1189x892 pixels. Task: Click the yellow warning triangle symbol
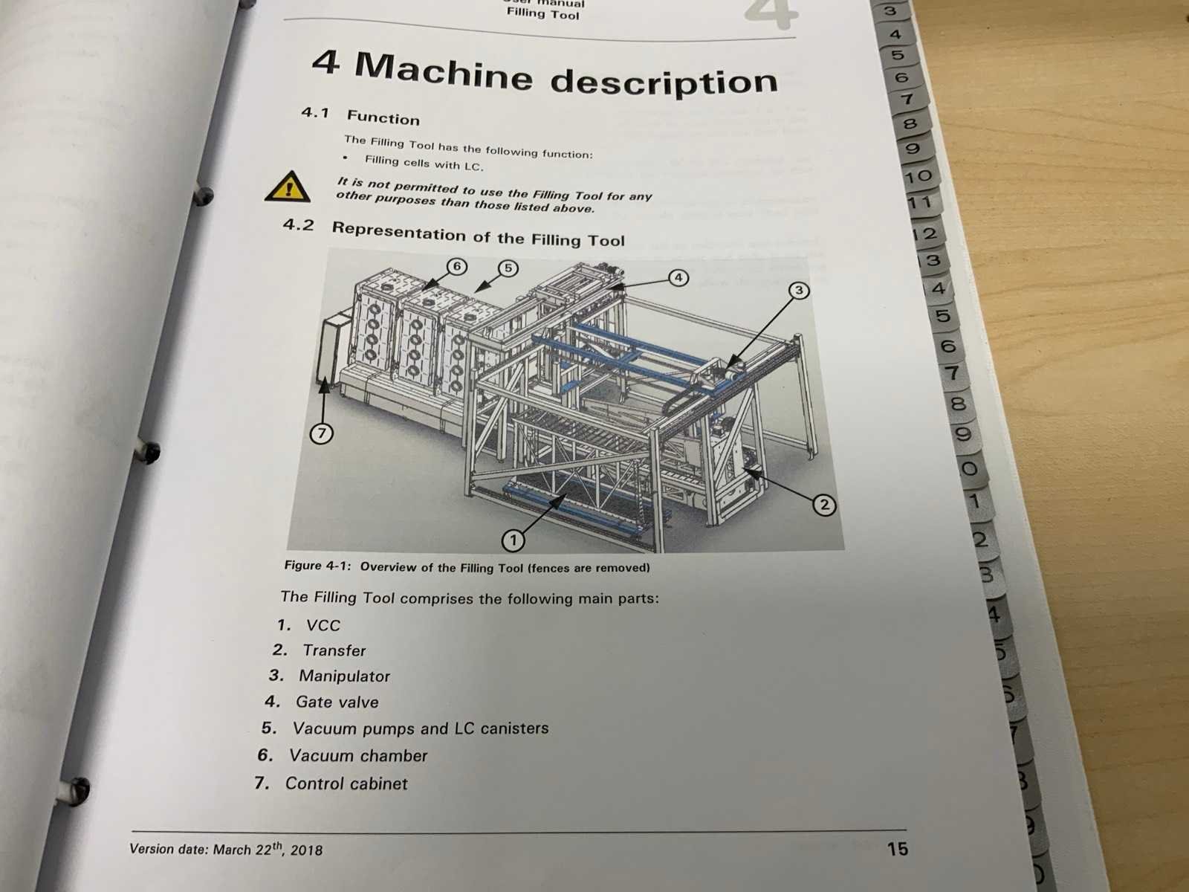pos(288,187)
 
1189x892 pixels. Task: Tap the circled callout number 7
pos(322,434)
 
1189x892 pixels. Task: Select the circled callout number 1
pos(513,540)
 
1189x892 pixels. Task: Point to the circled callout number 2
pos(824,505)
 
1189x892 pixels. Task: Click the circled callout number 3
pos(798,291)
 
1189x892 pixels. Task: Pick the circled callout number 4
pos(678,278)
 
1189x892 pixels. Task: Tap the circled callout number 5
pos(508,268)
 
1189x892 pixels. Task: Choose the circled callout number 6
pos(456,266)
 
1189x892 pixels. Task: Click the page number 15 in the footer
pos(897,849)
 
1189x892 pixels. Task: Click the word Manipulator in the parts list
pos(344,676)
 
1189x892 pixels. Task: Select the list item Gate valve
pos(337,702)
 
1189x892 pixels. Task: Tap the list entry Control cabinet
pos(346,783)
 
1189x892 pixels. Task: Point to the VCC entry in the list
pos(323,626)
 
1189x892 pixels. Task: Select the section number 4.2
pos(299,224)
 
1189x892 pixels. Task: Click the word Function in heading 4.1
pos(383,117)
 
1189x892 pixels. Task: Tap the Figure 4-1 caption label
pos(318,566)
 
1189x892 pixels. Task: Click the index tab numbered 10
pos(918,177)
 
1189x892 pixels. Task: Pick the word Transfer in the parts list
pos(334,650)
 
